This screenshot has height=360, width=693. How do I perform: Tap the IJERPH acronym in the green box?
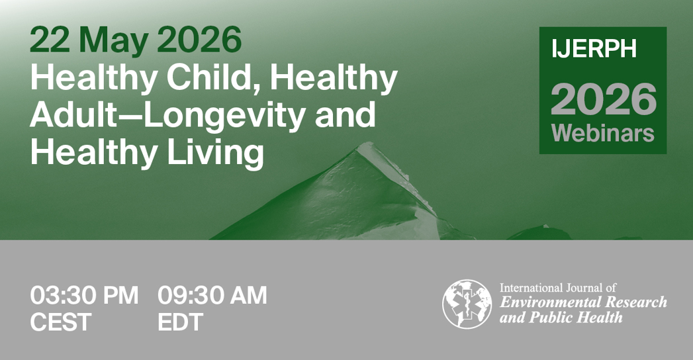coord(594,48)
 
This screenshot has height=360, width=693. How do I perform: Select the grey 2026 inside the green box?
coord(603,99)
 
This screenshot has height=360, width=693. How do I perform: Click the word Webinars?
coord(603,132)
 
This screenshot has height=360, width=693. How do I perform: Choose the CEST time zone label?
coord(60,322)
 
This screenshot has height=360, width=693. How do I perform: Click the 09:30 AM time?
coord(212,295)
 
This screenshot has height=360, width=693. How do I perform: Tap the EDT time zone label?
coord(180,322)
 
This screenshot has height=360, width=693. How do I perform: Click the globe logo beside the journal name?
coord(467,304)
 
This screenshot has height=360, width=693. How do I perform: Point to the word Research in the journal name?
coord(636,302)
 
